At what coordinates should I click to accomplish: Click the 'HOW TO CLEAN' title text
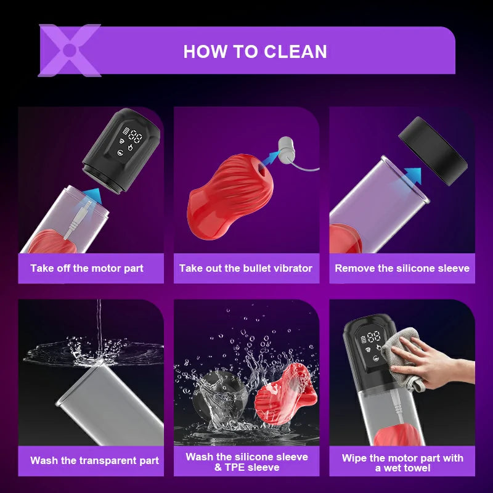tap(255, 51)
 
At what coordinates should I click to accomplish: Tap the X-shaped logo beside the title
tap(70, 50)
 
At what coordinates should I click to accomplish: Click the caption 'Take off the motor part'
tap(87, 268)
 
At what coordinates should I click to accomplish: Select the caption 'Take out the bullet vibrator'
tap(246, 268)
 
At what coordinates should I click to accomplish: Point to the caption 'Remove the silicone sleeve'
tap(402, 268)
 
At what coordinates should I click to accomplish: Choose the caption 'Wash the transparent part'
tap(95, 460)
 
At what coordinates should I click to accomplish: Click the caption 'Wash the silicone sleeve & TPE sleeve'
tap(247, 462)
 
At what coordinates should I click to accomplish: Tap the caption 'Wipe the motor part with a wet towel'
tap(402, 463)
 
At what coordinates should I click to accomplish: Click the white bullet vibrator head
tap(287, 149)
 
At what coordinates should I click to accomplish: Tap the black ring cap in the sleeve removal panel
tap(433, 150)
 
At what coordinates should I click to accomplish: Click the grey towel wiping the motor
tap(402, 357)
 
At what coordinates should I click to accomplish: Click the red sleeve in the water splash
tap(286, 394)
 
